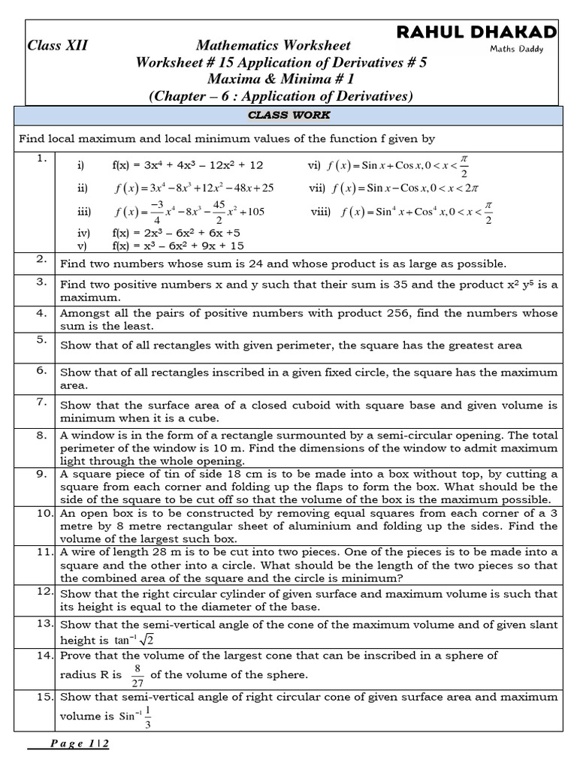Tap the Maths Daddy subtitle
pyautogui.click(x=517, y=50)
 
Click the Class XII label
pyautogui.click(x=57, y=46)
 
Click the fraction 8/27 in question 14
pyautogui.click(x=137, y=674)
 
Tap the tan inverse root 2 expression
pyautogui.click(x=134, y=640)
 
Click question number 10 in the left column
pyautogui.click(x=43, y=513)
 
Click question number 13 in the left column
pyautogui.click(x=43, y=623)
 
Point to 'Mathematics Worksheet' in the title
pyautogui.click(x=273, y=46)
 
